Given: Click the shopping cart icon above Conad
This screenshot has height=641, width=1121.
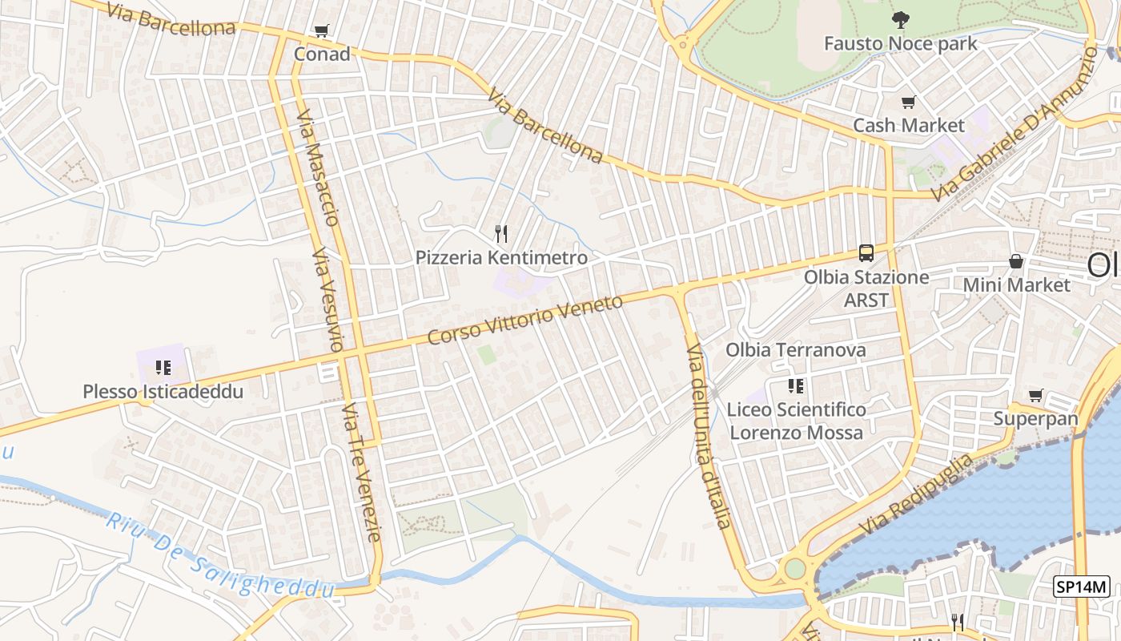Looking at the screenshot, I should coord(321,31).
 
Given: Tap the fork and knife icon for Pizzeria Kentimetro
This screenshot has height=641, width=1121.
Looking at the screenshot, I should coord(501,234).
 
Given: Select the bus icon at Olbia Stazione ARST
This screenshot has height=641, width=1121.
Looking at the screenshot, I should coord(866,253).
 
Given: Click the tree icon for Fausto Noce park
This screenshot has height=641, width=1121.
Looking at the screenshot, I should coord(901,20).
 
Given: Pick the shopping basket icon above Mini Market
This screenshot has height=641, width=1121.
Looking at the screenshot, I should coord(1016,261).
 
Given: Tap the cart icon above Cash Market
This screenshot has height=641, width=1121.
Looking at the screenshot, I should coord(908,103).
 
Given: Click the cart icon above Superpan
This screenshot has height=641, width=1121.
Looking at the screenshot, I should coord(1035,395).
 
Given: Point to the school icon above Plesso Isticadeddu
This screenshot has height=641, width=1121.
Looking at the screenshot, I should coord(163,368).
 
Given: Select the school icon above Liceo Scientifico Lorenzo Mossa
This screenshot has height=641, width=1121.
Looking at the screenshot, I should coord(795,386).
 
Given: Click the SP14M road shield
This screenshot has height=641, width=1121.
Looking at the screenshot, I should coord(1081,587).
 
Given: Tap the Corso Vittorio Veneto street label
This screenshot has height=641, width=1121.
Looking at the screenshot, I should coord(524,320).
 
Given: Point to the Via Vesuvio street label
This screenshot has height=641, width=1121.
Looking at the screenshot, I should coord(328,300).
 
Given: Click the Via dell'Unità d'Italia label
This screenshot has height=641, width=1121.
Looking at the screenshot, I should coord(709,437).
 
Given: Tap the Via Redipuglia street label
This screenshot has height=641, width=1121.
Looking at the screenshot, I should coord(917,494).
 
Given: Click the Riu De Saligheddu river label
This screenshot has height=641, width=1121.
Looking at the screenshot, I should coord(219,558).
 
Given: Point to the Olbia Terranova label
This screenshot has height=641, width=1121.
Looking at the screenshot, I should coord(795,350).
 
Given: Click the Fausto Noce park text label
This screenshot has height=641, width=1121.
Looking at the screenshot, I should coord(901,43).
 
